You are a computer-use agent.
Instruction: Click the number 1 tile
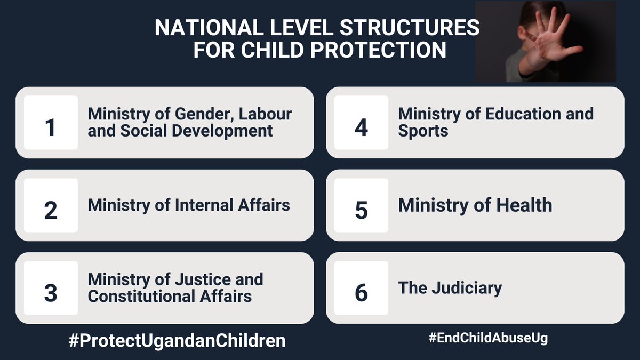pos(51,123)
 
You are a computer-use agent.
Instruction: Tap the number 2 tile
pos(51,205)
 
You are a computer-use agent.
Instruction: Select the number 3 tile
pos(51,288)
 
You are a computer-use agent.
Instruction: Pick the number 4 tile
pos(361,123)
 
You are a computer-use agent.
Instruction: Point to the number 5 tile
pos(361,205)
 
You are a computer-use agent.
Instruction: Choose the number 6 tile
pos(361,288)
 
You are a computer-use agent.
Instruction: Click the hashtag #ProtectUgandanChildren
pos(177,341)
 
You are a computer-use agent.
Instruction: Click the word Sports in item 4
pos(423,131)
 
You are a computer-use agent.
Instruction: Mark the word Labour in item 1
pos(266,114)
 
